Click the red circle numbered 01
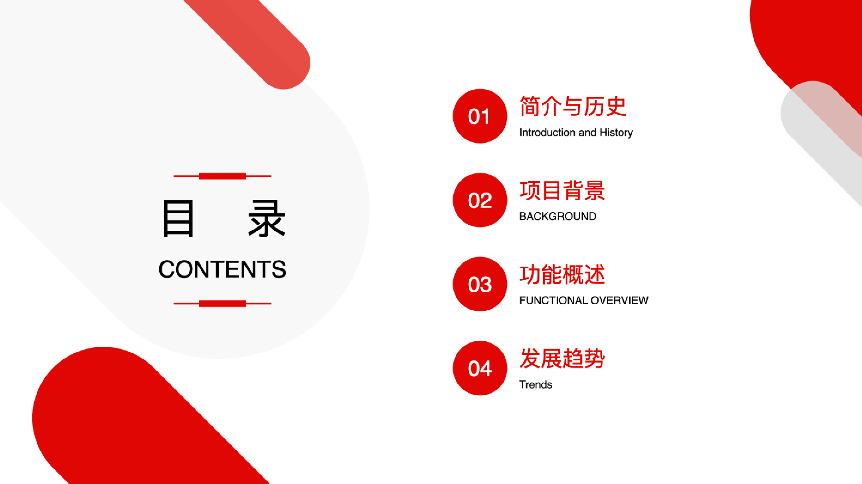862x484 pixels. click(x=480, y=116)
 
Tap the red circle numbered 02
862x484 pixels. click(x=480, y=200)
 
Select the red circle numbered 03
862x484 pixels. click(x=480, y=284)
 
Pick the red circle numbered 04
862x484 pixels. click(x=480, y=368)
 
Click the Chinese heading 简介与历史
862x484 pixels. click(x=573, y=106)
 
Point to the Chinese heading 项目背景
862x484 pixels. click(x=562, y=191)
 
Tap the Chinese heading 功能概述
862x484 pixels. click(x=562, y=275)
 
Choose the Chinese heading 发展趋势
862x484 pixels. click(x=562, y=358)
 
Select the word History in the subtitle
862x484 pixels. click(x=616, y=133)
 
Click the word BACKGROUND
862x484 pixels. click(x=558, y=216)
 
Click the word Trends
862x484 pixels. click(x=536, y=384)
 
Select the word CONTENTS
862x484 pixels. click(x=222, y=269)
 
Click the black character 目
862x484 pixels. click(x=178, y=218)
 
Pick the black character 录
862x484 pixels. click(x=267, y=218)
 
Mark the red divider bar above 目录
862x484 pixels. click(x=222, y=176)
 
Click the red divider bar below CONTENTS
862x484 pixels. click(x=222, y=303)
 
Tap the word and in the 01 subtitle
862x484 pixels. click(x=587, y=132)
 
